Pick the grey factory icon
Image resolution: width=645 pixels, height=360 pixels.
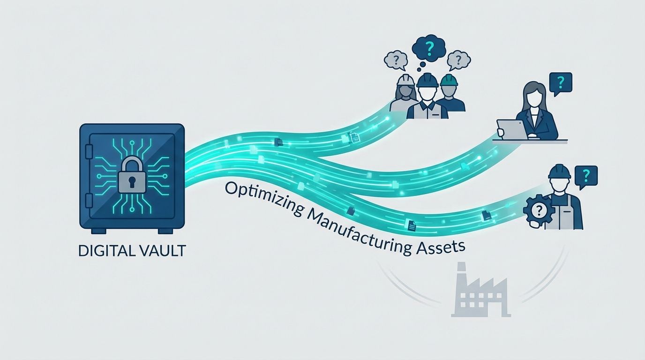[480, 296]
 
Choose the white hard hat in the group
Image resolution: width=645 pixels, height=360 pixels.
[406, 79]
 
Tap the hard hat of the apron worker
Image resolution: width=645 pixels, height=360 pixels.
[560, 171]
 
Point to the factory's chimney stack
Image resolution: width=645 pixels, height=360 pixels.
[461, 277]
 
